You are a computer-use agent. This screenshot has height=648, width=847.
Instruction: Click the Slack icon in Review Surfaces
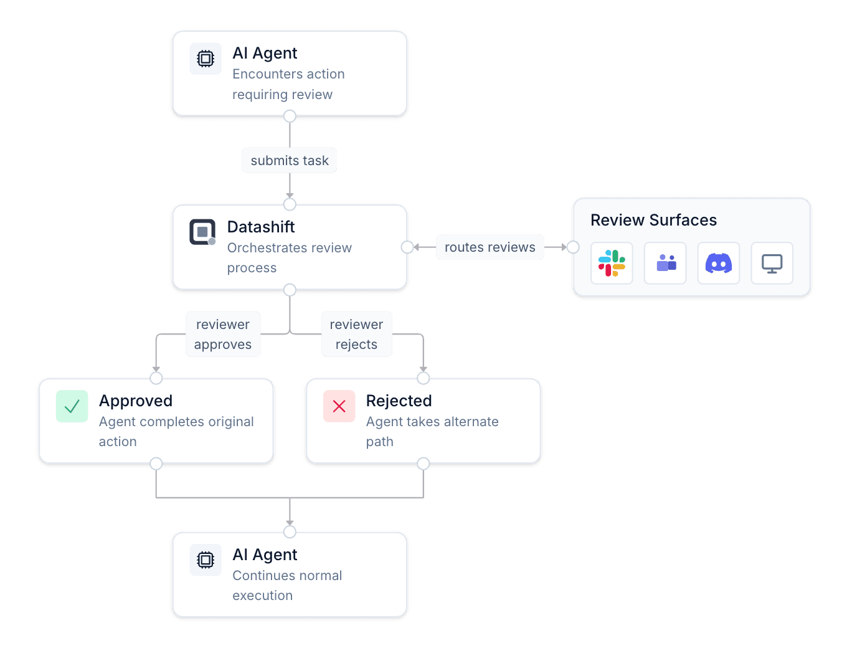click(x=612, y=263)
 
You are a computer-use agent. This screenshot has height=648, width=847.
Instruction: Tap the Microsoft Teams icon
click(x=665, y=263)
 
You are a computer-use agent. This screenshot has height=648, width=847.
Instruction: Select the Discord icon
click(x=719, y=263)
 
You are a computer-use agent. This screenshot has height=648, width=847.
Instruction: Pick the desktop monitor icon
click(x=772, y=263)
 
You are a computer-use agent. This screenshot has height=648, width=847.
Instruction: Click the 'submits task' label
click(x=290, y=160)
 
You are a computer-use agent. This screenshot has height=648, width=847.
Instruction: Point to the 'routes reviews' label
click(x=490, y=247)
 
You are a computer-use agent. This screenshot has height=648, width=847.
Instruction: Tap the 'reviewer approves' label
click(x=223, y=334)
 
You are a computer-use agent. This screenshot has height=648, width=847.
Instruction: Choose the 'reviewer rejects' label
click(x=356, y=334)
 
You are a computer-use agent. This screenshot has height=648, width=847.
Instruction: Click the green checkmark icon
click(x=72, y=406)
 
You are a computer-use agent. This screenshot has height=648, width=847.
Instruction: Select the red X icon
click(x=339, y=406)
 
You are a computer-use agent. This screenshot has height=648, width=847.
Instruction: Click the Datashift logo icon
click(x=202, y=232)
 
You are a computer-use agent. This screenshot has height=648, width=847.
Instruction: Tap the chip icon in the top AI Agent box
click(x=206, y=59)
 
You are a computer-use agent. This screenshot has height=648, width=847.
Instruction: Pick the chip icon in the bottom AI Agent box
click(x=206, y=560)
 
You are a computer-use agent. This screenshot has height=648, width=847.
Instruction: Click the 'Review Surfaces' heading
click(x=653, y=220)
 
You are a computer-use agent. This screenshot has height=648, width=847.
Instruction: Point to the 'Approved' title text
click(x=136, y=401)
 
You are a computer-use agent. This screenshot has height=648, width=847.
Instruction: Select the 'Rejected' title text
click(x=399, y=401)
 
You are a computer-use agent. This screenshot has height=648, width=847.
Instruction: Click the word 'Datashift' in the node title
click(x=261, y=227)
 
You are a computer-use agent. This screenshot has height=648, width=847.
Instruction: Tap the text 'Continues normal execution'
click(x=287, y=585)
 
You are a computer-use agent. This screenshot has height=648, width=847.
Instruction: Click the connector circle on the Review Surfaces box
click(x=572, y=247)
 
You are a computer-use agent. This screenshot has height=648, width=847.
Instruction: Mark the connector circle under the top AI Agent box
click(x=290, y=117)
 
